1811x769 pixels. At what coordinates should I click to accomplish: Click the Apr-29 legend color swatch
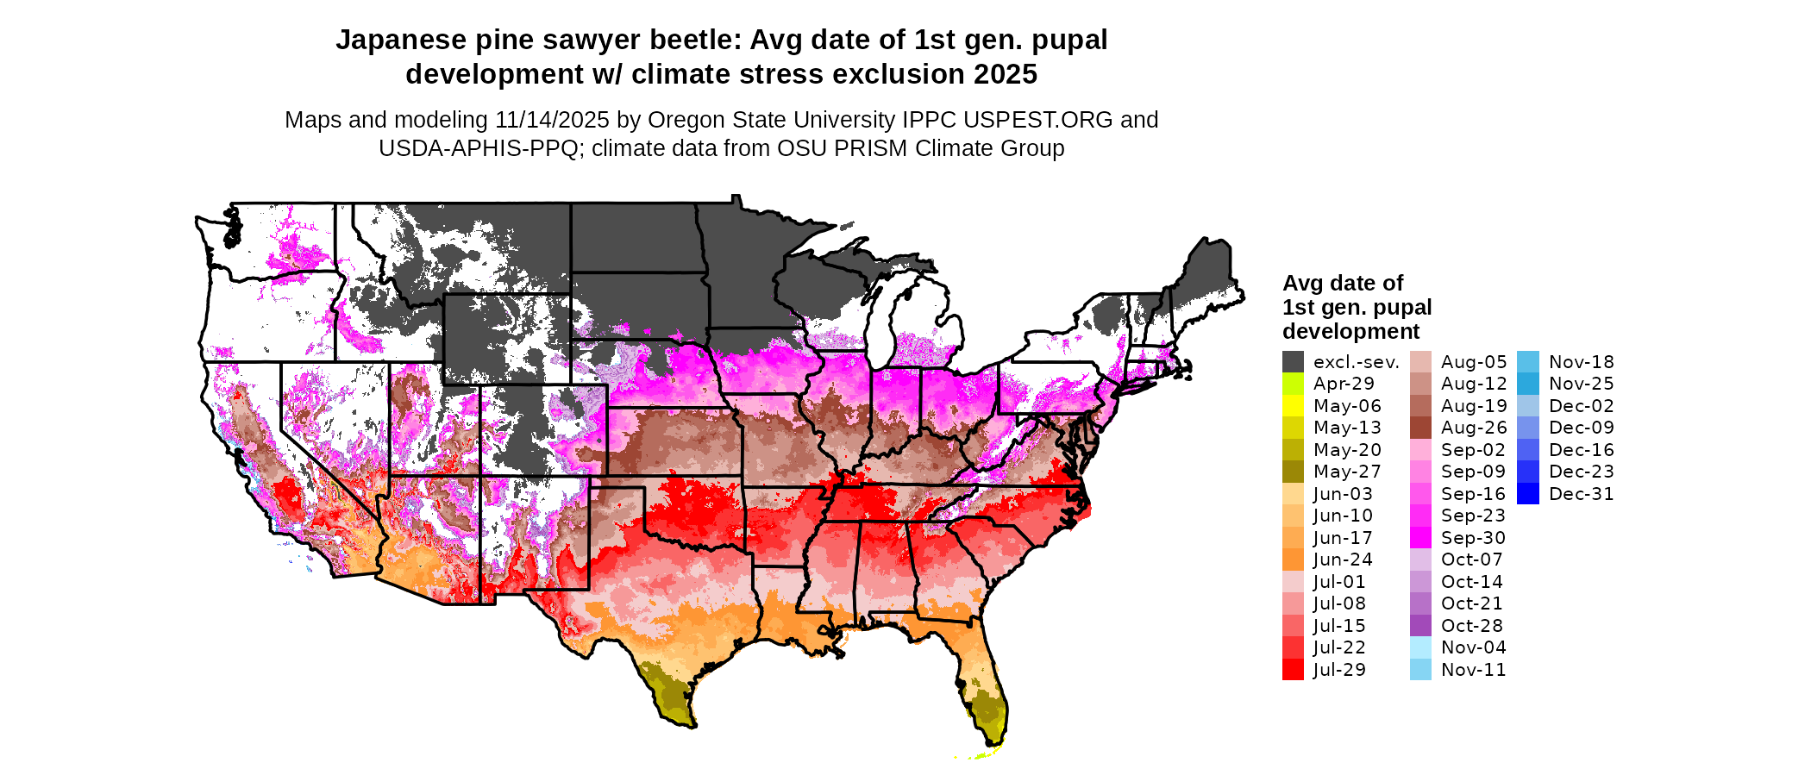pyautogui.click(x=1293, y=384)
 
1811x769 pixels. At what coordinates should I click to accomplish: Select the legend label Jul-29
pyautogui.click(x=1339, y=670)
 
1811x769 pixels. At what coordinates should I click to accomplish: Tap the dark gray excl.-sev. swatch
pyautogui.click(x=1293, y=362)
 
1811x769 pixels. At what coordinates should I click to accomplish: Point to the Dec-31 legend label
pyautogui.click(x=1581, y=494)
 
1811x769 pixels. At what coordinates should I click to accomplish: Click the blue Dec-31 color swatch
pyautogui.click(x=1527, y=494)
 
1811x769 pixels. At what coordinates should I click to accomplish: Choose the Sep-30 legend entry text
pyautogui.click(x=1473, y=538)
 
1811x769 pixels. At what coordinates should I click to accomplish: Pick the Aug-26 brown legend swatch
pyautogui.click(x=1420, y=428)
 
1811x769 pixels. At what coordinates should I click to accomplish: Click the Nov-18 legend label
pyautogui.click(x=1581, y=362)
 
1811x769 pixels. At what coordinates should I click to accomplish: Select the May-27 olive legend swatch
pyautogui.click(x=1293, y=472)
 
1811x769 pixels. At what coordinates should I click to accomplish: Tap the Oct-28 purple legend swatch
pyautogui.click(x=1420, y=626)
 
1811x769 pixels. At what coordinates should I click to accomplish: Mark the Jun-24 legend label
pyautogui.click(x=1343, y=560)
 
